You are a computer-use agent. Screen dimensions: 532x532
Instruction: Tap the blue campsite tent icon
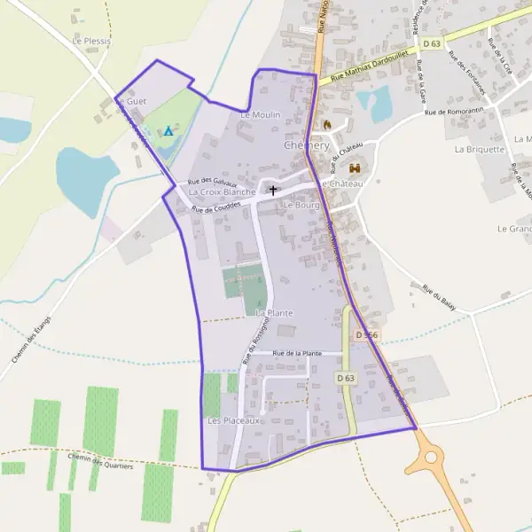pyautogui.click(x=168, y=131)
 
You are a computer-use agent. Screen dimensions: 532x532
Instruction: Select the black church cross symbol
pyautogui.click(x=273, y=190)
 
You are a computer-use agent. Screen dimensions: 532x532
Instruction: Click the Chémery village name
pyautogui.click(x=307, y=145)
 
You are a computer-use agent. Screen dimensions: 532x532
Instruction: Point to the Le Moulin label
pyautogui.click(x=260, y=115)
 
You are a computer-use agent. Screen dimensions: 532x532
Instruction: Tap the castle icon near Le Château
pyautogui.click(x=356, y=168)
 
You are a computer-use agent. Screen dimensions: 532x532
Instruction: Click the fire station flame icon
pyautogui.click(x=326, y=124)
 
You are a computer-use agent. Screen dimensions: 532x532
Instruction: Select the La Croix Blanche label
pyautogui.click(x=222, y=192)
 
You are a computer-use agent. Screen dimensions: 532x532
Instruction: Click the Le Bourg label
pyautogui.click(x=300, y=204)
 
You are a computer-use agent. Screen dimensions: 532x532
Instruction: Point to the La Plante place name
pyautogui.click(x=274, y=313)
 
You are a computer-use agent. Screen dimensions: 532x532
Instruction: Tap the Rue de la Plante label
pyautogui.click(x=297, y=353)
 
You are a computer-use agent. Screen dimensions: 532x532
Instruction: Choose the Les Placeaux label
pyautogui.click(x=233, y=420)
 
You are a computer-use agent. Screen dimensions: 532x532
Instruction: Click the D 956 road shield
pyautogui.click(x=366, y=335)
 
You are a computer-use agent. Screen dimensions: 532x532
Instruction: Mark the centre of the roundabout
pyautogui.click(x=432, y=458)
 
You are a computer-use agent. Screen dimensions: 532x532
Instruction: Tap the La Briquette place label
pyautogui.click(x=479, y=149)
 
